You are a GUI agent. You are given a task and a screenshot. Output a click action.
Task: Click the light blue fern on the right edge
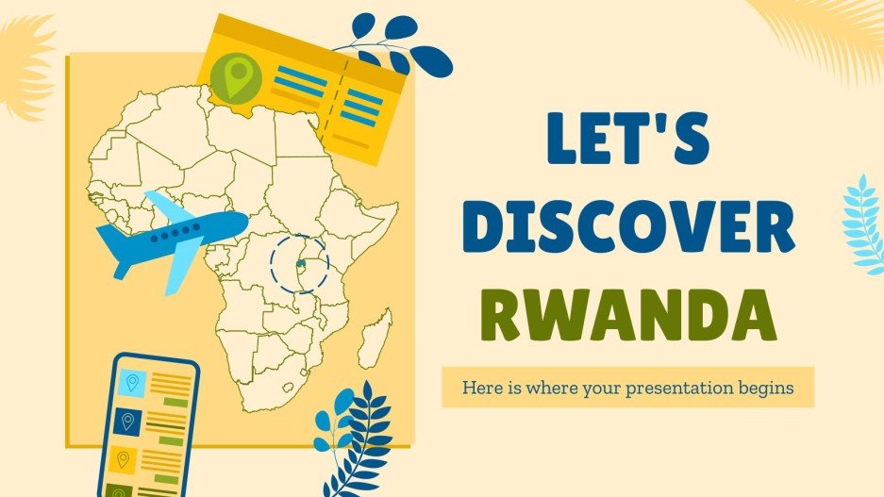863,223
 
